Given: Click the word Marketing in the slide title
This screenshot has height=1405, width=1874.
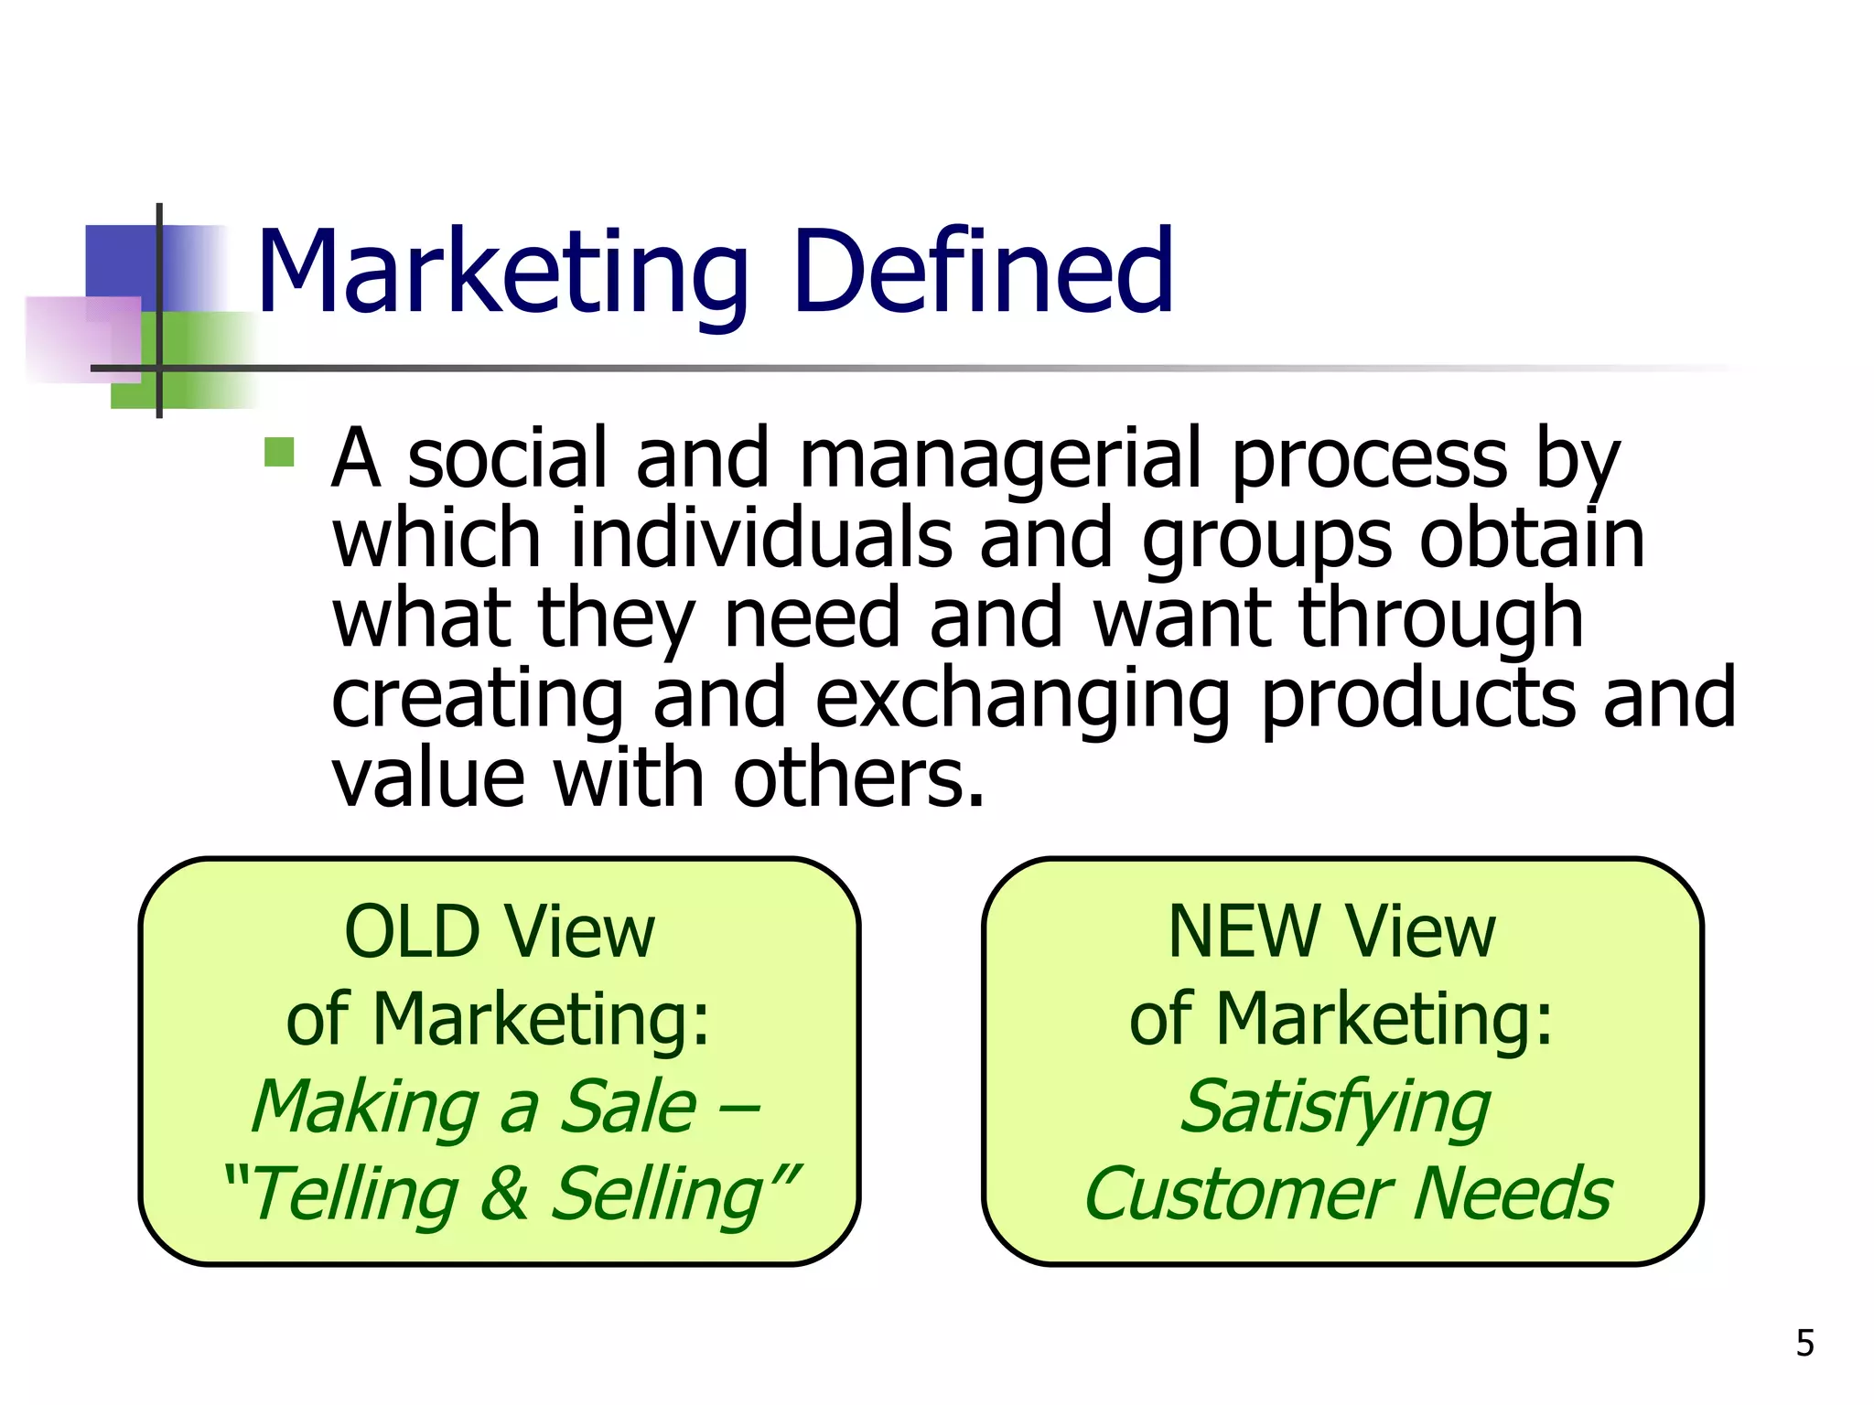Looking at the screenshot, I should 502,273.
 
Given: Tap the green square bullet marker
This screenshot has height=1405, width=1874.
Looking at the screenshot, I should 279,453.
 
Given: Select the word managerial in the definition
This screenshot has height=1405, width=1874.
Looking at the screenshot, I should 999,461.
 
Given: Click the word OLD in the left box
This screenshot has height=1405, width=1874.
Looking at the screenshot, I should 412,933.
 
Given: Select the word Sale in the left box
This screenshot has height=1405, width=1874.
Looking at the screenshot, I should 627,1107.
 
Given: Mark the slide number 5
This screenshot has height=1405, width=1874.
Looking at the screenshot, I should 1804,1344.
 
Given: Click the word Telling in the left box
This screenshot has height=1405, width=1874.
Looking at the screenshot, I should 353,1195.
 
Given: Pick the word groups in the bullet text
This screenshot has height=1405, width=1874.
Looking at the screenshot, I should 1266,542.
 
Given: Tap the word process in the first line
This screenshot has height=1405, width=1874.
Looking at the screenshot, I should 1368,461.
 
